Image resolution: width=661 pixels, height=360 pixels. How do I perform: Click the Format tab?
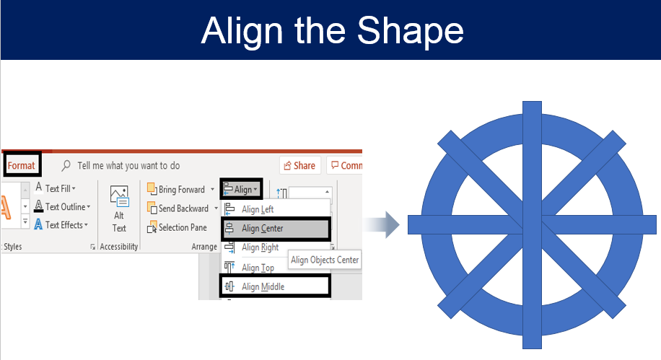(x=21, y=166)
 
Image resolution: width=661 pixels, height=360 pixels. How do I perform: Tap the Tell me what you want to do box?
(x=121, y=166)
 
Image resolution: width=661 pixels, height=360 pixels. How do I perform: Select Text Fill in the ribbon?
(x=56, y=188)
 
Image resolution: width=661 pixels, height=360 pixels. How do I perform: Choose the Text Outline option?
(x=62, y=206)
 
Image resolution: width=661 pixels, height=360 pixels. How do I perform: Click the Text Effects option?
(x=61, y=224)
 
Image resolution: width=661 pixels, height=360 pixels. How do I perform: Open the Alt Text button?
(x=119, y=209)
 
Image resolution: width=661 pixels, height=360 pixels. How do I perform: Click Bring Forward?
(x=180, y=189)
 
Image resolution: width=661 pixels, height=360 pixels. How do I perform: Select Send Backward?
(x=182, y=208)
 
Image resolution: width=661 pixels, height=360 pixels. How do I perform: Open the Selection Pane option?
(x=177, y=228)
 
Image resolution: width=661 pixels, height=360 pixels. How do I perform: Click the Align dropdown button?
(x=240, y=189)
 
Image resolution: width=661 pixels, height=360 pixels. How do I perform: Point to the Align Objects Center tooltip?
(x=325, y=260)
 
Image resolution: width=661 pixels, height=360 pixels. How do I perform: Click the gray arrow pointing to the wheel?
(x=381, y=224)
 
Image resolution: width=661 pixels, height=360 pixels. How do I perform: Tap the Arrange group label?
(x=204, y=247)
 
